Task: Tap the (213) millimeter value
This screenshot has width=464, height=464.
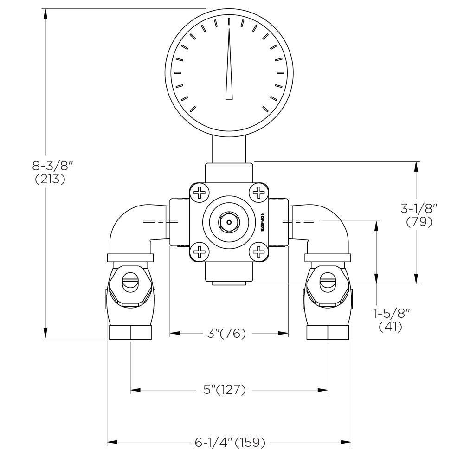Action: [x=50, y=180]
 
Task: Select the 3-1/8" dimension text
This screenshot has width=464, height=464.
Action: [x=419, y=209]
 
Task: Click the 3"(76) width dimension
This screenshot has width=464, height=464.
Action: [x=226, y=333]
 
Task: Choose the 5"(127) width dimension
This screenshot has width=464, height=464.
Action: [x=225, y=390]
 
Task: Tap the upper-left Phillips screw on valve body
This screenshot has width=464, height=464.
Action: [x=200, y=192]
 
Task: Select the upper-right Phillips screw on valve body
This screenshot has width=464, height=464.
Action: [x=258, y=192]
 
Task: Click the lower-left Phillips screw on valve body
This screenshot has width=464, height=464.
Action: [x=200, y=252]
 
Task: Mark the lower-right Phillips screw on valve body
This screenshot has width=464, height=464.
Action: [x=258, y=252]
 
